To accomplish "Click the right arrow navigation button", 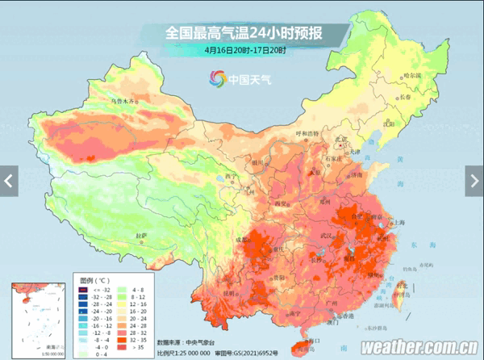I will pos(474,179).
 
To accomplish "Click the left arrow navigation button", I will pos(9,179).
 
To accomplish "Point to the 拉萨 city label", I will pos(142,235).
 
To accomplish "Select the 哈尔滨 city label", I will pos(412,75).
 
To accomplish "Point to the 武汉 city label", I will pos(325,235).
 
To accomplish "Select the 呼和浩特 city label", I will pos(308,133).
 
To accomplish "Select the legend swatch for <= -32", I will pos(83,288).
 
